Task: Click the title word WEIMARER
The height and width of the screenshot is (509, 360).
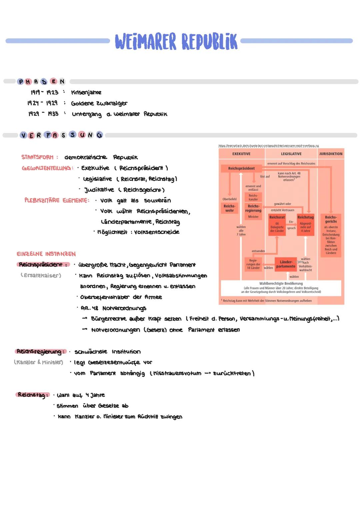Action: (145, 41)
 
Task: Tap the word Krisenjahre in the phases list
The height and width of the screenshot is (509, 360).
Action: (86, 92)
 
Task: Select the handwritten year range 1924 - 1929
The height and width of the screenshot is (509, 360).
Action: (42, 103)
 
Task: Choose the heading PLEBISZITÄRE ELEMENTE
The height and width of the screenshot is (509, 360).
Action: (57, 200)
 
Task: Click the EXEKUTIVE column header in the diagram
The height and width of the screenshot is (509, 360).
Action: (241, 154)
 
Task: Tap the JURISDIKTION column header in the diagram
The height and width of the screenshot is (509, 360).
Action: (331, 154)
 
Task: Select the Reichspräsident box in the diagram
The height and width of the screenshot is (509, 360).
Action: (241, 168)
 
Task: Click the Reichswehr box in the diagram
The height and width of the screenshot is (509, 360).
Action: (229, 208)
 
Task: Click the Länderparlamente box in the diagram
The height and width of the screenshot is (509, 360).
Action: (286, 264)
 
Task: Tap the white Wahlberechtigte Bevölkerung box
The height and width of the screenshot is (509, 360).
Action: (281, 287)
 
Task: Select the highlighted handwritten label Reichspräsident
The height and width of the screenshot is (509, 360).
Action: (42, 265)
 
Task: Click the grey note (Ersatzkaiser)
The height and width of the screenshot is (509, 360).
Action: (41, 275)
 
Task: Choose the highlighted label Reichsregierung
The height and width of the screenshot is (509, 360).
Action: (40, 352)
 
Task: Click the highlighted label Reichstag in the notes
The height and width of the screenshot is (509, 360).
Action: (32, 395)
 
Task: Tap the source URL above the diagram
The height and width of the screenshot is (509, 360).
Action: (268, 146)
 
